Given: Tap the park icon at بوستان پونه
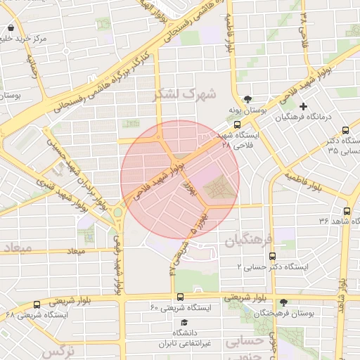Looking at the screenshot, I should (247, 99).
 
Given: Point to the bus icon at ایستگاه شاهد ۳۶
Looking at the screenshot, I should (347, 211).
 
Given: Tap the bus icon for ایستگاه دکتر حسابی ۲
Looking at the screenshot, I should (272, 256).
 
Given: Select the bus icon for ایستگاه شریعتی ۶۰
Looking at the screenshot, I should (181, 297).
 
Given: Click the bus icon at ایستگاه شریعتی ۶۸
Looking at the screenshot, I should (37, 304).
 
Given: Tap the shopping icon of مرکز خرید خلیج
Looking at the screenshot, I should (11, 29).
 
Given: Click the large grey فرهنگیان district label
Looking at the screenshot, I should (248, 240).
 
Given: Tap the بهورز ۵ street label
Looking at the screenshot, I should (199, 221).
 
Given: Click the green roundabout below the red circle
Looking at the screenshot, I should (118, 212).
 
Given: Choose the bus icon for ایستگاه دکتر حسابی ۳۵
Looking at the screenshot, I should (345, 130).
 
